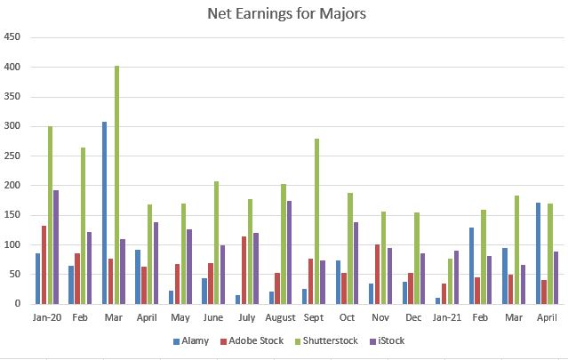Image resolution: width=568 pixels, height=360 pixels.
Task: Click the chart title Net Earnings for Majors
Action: coord(284,13)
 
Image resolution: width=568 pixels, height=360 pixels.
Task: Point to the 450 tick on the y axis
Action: coord(12,38)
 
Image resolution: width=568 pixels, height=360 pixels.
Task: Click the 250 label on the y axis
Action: coord(12,156)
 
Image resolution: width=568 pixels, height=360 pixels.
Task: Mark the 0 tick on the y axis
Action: coord(18,304)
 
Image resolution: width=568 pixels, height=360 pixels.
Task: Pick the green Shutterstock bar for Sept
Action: coord(316,221)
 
